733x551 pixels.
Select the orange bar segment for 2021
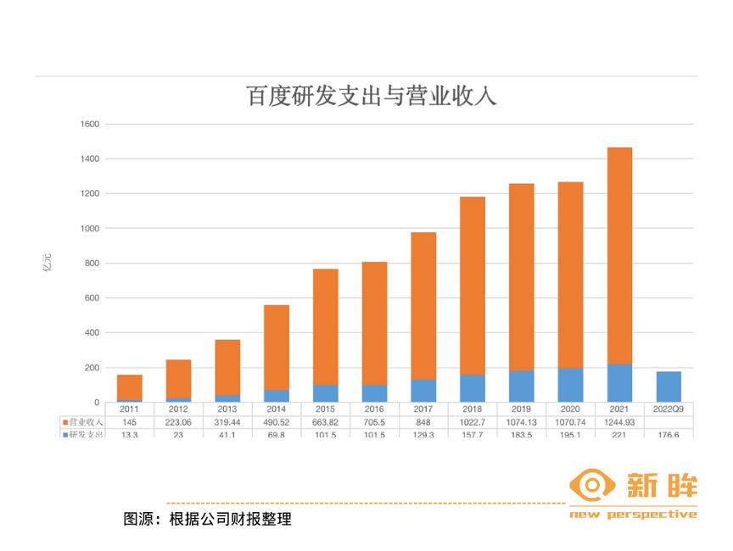click(x=619, y=254)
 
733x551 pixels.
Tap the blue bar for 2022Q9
click(x=669, y=387)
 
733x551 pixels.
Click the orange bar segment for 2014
click(x=277, y=348)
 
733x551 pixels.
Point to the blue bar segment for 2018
click(x=473, y=388)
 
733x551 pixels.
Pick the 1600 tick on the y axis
click(x=90, y=125)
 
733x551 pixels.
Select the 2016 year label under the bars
click(x=374, y=409)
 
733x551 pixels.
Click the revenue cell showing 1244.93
click(x=619, y=421)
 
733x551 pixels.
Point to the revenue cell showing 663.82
click(x=325, y=421)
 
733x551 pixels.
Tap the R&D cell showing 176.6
click(x=669, y=435)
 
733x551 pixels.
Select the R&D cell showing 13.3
click(x=129, y=435)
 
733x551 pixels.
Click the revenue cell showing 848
click(x=423, y=421)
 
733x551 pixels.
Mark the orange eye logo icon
click(x=592, y=486)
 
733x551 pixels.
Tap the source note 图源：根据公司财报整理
click(x=208, y=519)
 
